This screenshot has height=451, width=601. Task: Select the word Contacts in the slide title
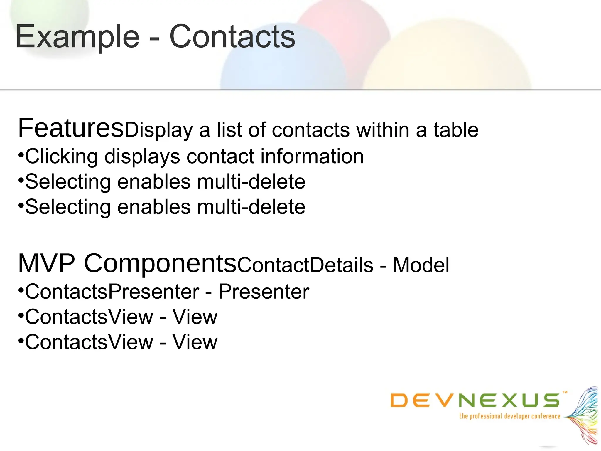tap(232, 37)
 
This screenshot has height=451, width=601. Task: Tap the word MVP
tap(47, 263)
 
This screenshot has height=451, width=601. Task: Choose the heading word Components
tap(160, 264)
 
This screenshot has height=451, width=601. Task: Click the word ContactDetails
tap(305, 265)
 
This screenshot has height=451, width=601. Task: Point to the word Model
tap(421, 265)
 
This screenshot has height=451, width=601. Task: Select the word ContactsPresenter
tap(112, 292)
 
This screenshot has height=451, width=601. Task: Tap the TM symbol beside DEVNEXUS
tap(565, 392)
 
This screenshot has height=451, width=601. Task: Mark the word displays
tap(142, 156)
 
